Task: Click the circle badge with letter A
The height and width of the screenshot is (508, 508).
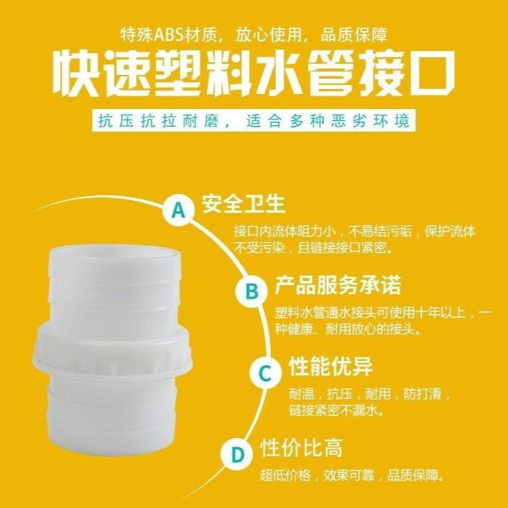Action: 179,209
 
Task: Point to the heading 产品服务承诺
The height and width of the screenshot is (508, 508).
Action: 337,285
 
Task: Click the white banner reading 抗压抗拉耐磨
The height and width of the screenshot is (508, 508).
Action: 253,120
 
